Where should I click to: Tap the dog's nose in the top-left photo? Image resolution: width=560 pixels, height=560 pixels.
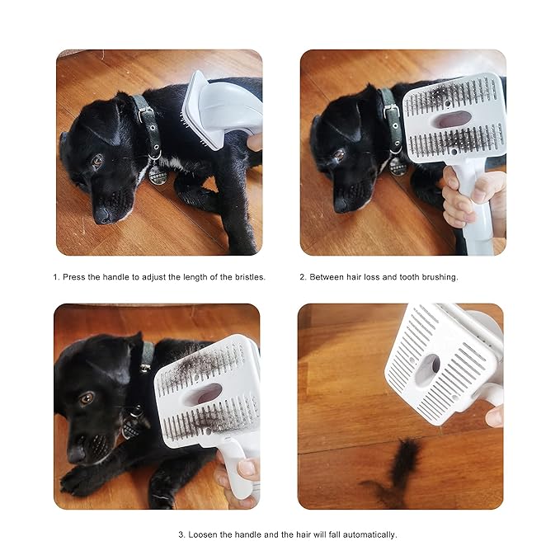(103, 215)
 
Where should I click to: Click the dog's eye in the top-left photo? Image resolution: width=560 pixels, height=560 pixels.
(96, 162)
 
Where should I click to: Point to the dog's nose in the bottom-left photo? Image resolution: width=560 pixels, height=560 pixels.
(78, 453)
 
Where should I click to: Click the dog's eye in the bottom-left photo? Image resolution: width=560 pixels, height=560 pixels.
(85, 398)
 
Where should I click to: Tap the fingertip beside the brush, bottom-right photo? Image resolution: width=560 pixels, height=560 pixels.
(494, 416)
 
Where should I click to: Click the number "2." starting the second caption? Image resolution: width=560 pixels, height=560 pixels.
(303, 277)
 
